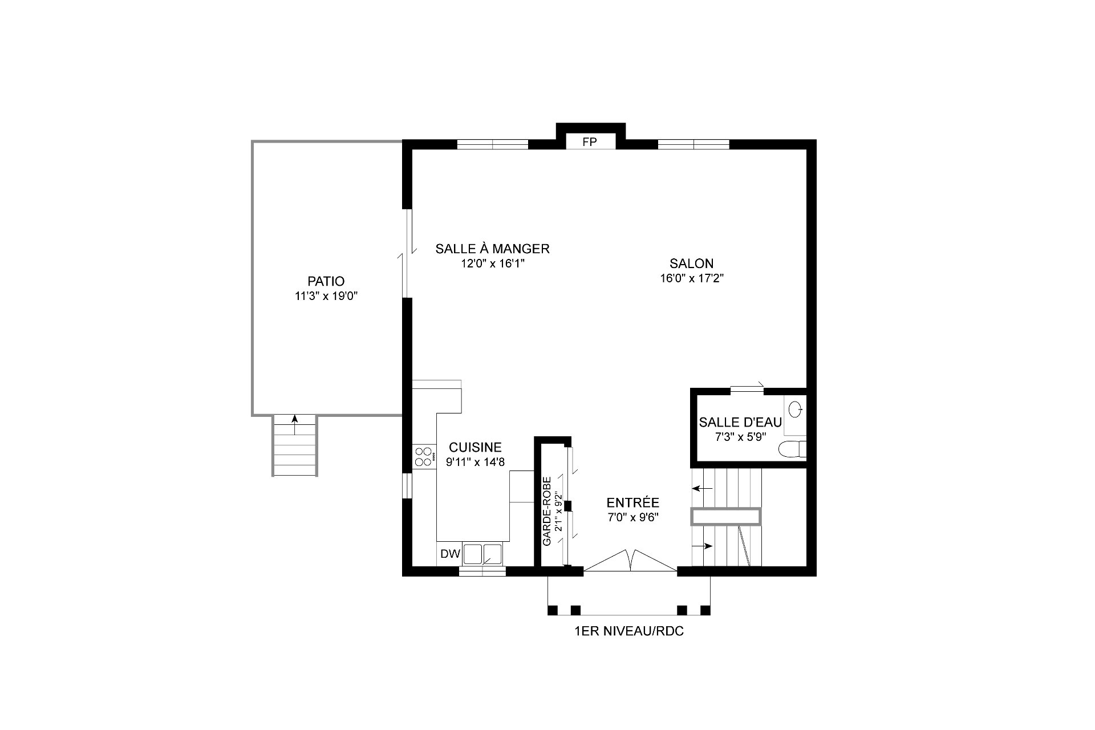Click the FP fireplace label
coord(589,142)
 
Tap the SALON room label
coord(691,263)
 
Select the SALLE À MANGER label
coord(492,249)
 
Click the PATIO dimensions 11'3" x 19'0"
coord(326,296)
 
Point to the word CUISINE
coord(475,447)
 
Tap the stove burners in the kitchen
coord(423,457)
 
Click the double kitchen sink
coord(483,554)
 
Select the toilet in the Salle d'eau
coord(793,449)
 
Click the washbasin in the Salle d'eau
coord(796,409)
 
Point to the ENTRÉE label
coord(632,503)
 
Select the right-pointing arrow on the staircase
coord(703,546)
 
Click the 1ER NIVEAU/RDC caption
coord(629,631)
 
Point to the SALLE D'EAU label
coord(740,423)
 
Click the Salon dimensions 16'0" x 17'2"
coord(691,278)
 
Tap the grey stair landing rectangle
coord(726,516)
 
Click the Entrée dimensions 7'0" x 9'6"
coord(633,518)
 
